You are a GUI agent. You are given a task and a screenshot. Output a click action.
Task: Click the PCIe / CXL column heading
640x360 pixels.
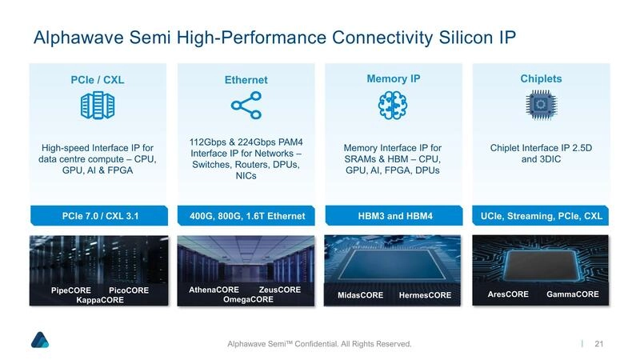[98, 80]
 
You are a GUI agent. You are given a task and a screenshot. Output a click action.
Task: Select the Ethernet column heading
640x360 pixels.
[246, 80]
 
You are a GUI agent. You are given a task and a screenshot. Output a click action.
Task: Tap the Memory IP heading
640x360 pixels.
[393, 79]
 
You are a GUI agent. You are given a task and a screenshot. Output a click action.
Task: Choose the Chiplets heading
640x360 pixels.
[541, 79]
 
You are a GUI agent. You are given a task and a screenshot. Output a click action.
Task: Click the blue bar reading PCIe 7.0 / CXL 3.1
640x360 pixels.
[98, 216]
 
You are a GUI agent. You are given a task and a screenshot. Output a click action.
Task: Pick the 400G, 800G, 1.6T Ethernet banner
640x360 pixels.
[246, 216]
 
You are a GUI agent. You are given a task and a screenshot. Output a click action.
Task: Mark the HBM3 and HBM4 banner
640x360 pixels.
[393, 216]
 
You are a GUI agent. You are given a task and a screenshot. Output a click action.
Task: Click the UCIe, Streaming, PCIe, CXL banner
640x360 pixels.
[541, 216]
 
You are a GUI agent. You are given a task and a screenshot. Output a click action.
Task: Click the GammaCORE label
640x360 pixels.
[573, 294]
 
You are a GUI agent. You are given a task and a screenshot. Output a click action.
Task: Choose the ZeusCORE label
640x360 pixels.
[280, 290]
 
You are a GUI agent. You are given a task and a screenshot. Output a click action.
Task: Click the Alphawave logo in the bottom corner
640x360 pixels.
[40, 339]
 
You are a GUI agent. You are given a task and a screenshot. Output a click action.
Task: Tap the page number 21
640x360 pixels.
[598, 344]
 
